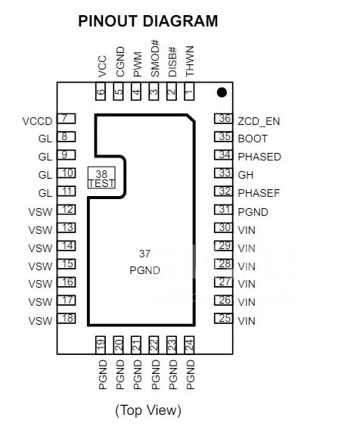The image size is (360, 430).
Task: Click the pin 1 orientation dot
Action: coord(222,92)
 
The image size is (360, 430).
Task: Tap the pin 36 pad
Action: coord(223,118)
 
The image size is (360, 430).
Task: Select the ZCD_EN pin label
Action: coord(259,121)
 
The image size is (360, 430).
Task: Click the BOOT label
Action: coord(253,139)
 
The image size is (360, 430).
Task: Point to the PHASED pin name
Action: coord(259,157)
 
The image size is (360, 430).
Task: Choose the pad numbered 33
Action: coord(223,173)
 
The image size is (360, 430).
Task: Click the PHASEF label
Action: coord(259,193)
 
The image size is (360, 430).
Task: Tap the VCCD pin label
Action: coord(37,121)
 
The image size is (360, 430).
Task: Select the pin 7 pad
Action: coord(66,118)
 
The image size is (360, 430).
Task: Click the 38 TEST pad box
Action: coord(101,178)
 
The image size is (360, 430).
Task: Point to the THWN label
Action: coord(190,61)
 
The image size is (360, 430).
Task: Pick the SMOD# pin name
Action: coord(155,58)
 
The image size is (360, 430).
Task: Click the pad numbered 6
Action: coord(101,92)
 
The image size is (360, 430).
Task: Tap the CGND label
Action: coord(120,62)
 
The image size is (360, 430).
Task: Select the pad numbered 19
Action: coord(101,345)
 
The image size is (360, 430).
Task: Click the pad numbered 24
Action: coord(189,345)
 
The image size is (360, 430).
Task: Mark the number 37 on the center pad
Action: coord(144,254)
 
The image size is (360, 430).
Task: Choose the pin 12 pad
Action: coord(66,210)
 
